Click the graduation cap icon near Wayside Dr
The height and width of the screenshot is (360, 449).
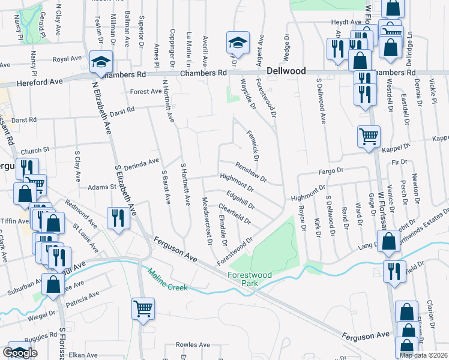[238, 43]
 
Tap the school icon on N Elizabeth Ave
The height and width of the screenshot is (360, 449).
[101, 62]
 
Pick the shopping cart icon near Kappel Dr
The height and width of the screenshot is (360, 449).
[369, 136]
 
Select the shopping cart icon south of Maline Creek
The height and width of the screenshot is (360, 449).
[143, 310]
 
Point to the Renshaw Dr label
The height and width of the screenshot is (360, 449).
[250, 172]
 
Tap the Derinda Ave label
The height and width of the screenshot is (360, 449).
[142, 161]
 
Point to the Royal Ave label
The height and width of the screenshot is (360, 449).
[67, 59]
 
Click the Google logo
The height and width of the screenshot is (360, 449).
[20, 353]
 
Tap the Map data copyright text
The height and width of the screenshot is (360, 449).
[423, 355]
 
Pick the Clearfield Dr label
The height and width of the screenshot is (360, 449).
[234, 215]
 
